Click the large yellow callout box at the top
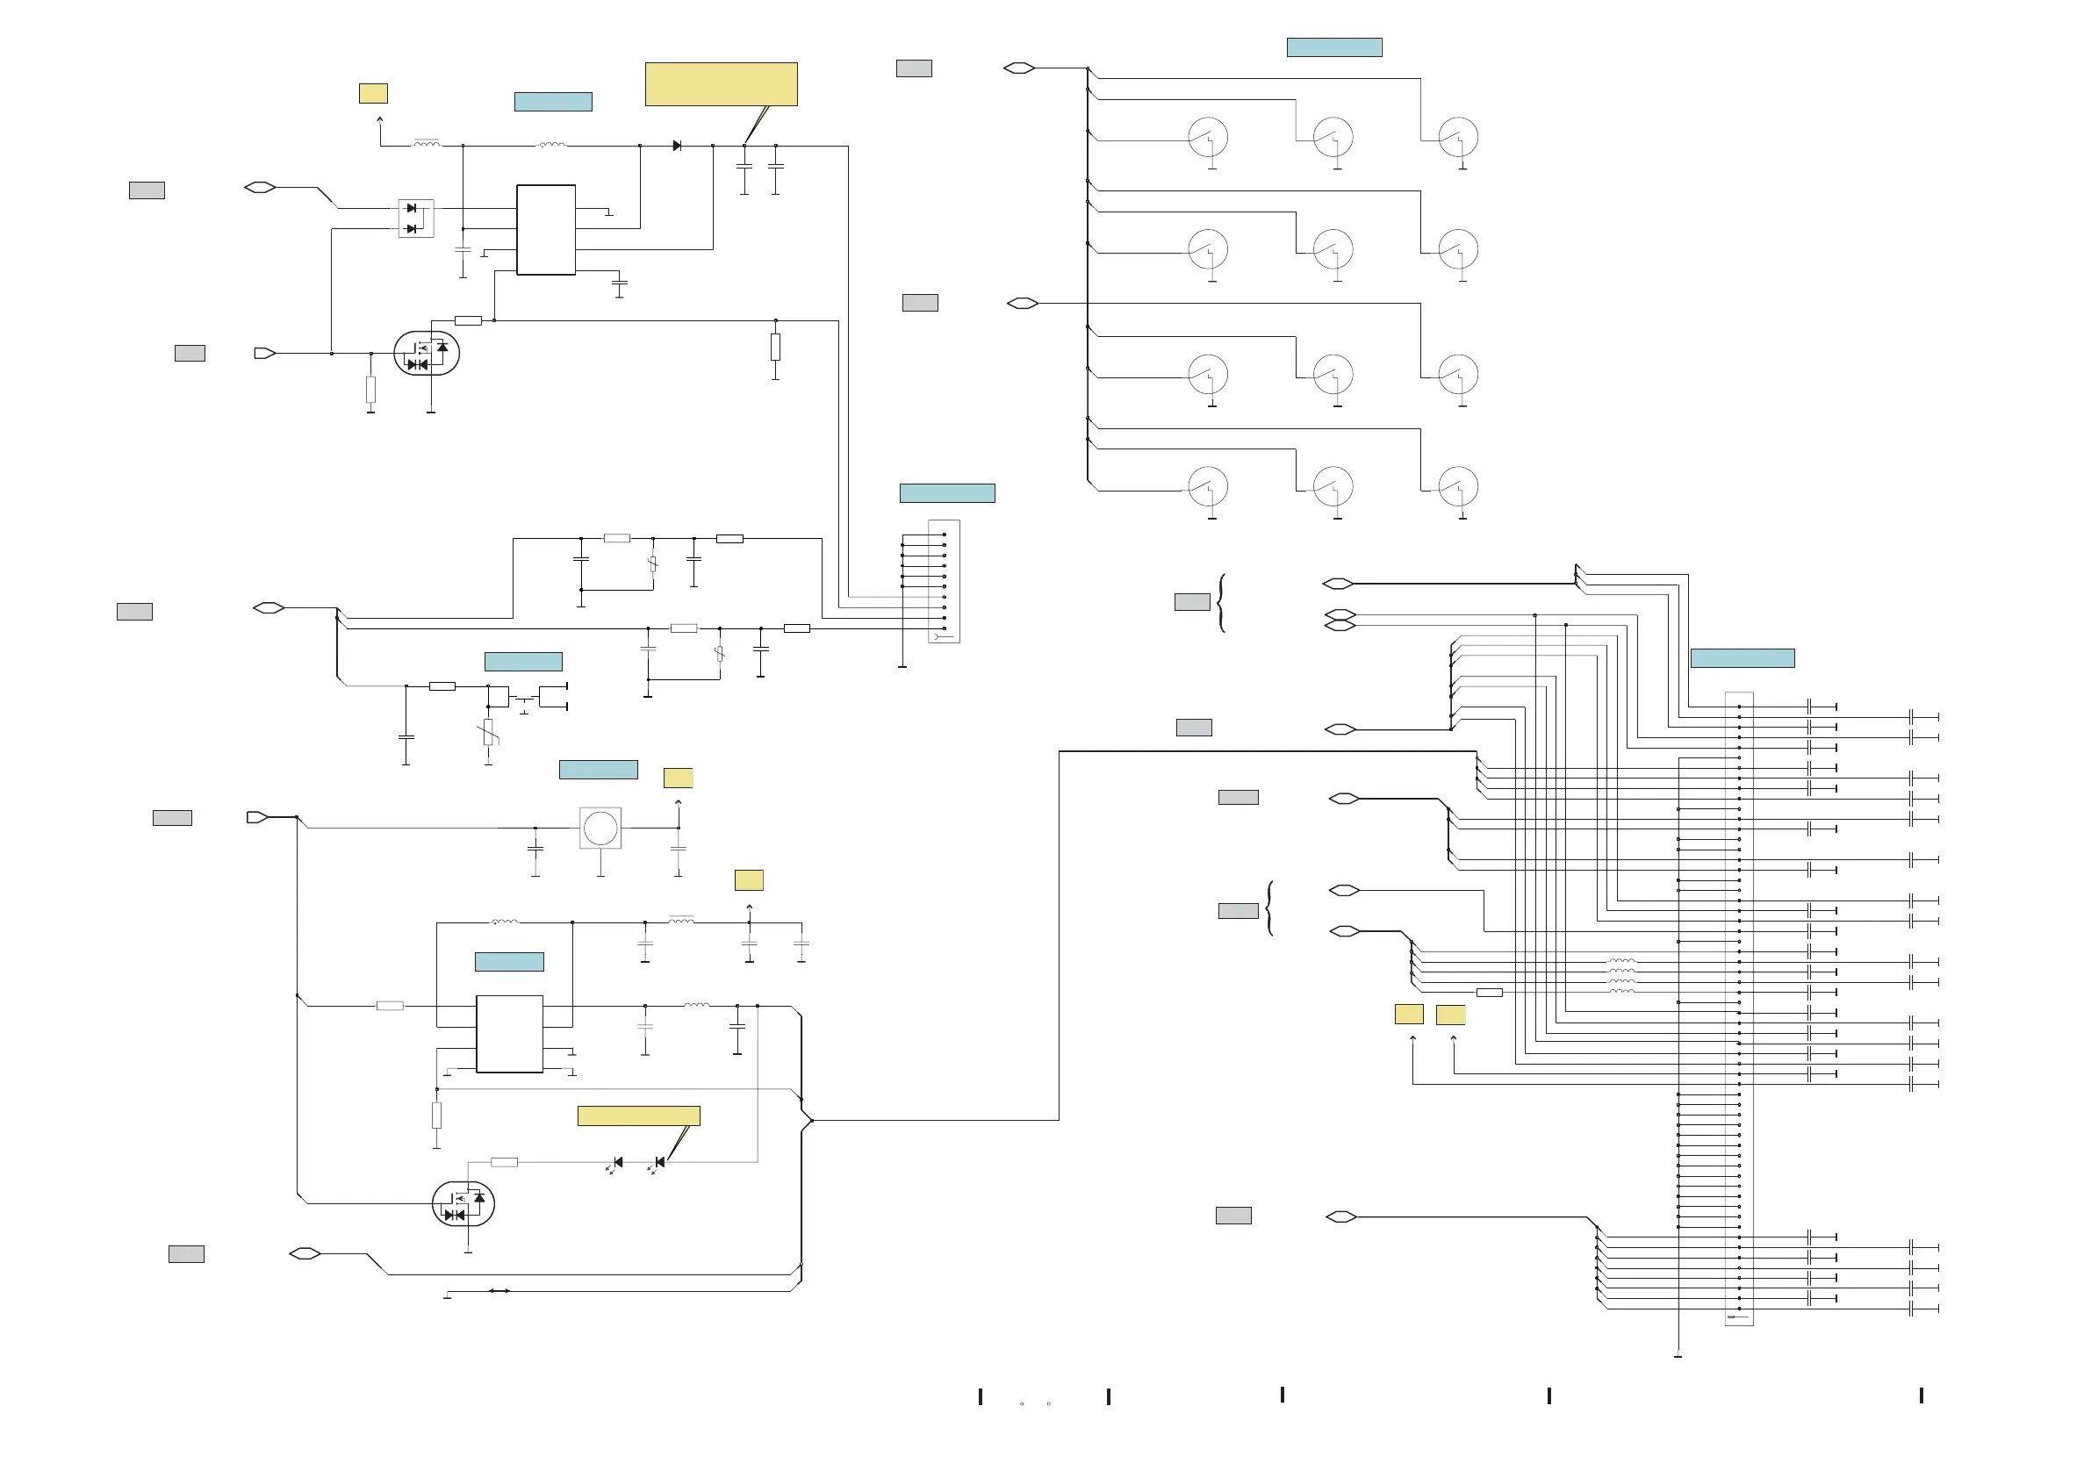click(721, 83)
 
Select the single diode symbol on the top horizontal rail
click(677, 146)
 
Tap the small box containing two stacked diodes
click(416, 219)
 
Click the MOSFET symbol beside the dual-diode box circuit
click(427, 354)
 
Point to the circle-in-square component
click(600, 829)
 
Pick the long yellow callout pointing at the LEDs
click(638, 1116)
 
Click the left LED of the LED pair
click(617, 1163)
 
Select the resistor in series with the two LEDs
click(504, 1162)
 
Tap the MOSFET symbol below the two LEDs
click(463, 1204)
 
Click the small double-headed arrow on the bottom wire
click(499, 1290)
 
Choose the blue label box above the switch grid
click(1333, 47)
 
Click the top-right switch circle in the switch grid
click(1457, 138)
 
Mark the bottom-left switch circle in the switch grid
click(1208, 486)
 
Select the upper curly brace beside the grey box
click(1221, 602)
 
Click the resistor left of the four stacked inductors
click(1489, 992)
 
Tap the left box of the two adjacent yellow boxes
click(1409, 1015)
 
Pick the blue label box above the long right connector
click(1742, 657)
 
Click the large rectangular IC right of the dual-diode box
click(545, 229)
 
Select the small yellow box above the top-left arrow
click(373, 93)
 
